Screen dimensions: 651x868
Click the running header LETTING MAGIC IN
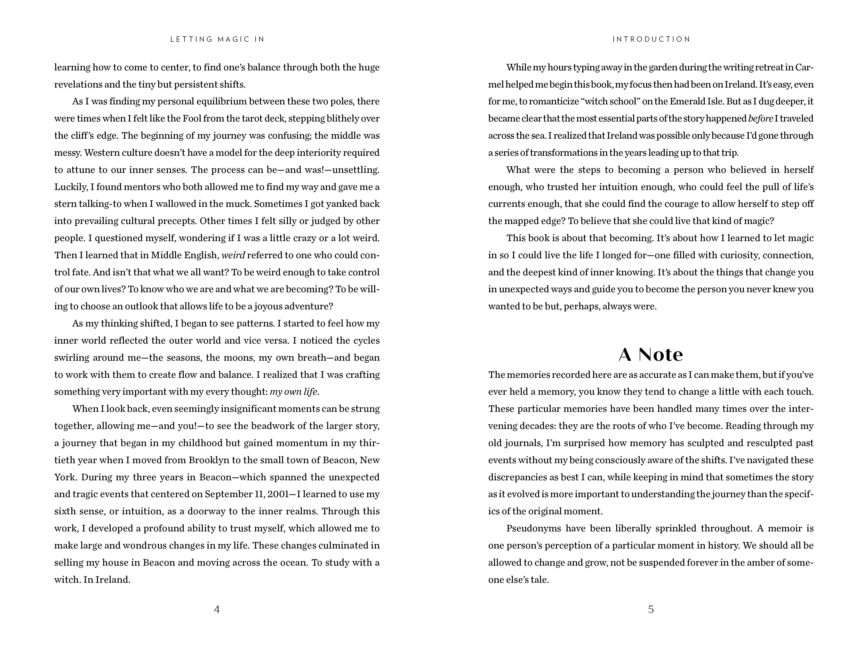[x=217, y=39]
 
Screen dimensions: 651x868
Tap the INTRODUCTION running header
[x=651, y=39]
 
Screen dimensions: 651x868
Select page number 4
[x=217, y=609]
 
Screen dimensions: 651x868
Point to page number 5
[x=651, y=609]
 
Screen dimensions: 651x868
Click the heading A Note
[x=651, y=355]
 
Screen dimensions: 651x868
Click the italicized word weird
[x=233, y=255]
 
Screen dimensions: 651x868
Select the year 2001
[x=279, y=494]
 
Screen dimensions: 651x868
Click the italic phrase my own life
[x=293, y=392]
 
